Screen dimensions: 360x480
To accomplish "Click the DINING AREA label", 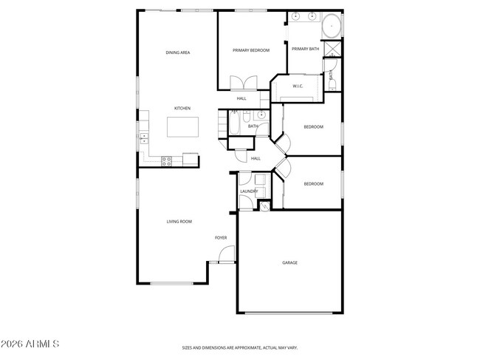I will pyautogui.click(x=178, y=52).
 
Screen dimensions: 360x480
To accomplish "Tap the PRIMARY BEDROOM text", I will pyautogui.click(x=250, y=50).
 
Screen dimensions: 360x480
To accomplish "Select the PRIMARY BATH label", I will pyautogui.click(x=305, y=49).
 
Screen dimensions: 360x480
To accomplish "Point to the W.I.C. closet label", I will pyautogui.click(x=298, y=86).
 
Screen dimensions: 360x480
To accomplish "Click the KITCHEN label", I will pyautogui.click(x=182, y=109).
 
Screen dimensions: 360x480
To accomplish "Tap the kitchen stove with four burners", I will pyautogui.click(x=167, y=159).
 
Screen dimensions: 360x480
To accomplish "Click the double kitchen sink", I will pyautogui.click(x=144, y=136).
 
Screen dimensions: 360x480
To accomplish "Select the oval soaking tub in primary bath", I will pyautogui.click(x=332, y=25).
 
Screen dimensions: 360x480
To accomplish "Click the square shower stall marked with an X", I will pyautogui.click(x=332, y=51).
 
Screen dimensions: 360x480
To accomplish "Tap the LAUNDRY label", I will pyautogui.click(x=248, y=191).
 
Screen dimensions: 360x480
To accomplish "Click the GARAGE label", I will pyautogui.click(x=289, y=262).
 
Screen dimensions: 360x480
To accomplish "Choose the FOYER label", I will pyautogui.click(x=221, y=237).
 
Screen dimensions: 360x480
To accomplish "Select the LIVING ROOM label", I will pyautogui.click(x=179, y=222).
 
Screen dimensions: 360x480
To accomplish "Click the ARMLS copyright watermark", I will pyautogui.click(x=30, y=344).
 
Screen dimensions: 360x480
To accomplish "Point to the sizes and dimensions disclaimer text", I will pyautogui.click(x=240, y=347).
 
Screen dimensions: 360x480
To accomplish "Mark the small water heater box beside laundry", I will pyautogui.click(x=265, y=205).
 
